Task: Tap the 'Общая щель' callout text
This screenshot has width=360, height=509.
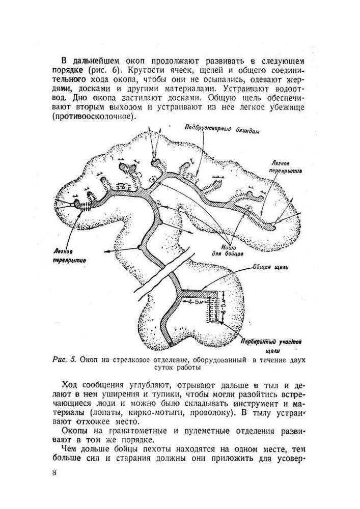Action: coord(272,266)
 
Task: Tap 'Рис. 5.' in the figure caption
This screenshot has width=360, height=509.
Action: coord(64,359)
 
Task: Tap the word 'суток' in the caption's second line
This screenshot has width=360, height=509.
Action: coord(163,367)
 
